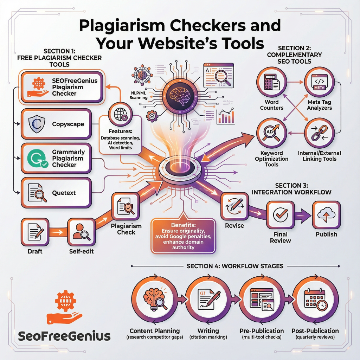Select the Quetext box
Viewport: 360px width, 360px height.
pyautogui.click(x=56, y=193)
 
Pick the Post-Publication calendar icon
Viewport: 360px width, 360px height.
pyautogui.click(x=315, y=301)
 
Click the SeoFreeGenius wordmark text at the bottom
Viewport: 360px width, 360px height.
pyautogui.click(x=64, y=336)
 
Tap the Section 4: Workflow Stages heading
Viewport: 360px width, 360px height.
pyautogui.click(x=235, y=266)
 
